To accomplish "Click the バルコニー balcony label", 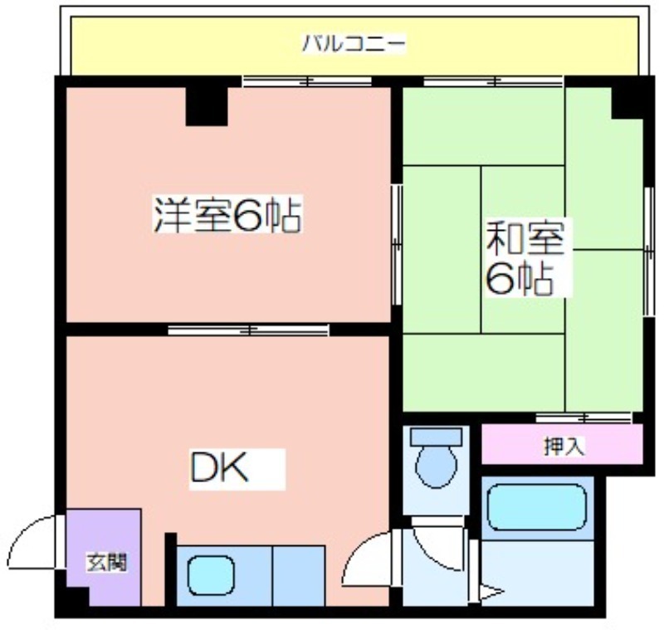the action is coord(354,44).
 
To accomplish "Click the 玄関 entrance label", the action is coord(106,563).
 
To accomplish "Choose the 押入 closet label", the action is coord(564,447).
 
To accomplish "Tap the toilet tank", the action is coord(437,436).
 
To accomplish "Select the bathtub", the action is coord(536,506).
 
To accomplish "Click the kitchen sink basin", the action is coord(211,575).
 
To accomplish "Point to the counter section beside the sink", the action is coord(299,576).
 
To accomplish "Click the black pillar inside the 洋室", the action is coord(207,106).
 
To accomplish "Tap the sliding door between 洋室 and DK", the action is coord(248,330).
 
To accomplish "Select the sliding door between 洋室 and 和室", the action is coord(397,244).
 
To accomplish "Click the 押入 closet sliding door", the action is coord(584,418).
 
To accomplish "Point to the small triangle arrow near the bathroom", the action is coord(491,592).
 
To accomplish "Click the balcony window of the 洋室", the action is coord(307,81).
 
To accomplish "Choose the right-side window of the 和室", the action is coord(649,252).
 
